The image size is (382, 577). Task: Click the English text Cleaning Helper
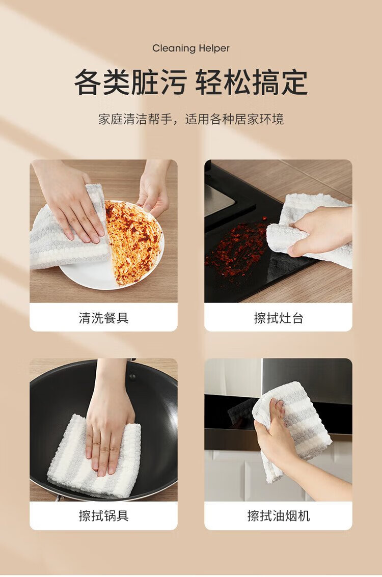[190, 48]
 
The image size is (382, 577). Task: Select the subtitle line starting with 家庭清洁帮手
[191, 119]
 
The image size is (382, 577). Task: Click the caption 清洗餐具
[103, 318]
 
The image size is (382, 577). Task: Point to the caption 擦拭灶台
[278, 318]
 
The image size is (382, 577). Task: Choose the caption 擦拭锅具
[103, 515]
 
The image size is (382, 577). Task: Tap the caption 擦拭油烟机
[278, 515]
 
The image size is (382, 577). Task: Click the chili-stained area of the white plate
[132, 241]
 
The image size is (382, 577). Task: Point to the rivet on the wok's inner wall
[132, 377]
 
